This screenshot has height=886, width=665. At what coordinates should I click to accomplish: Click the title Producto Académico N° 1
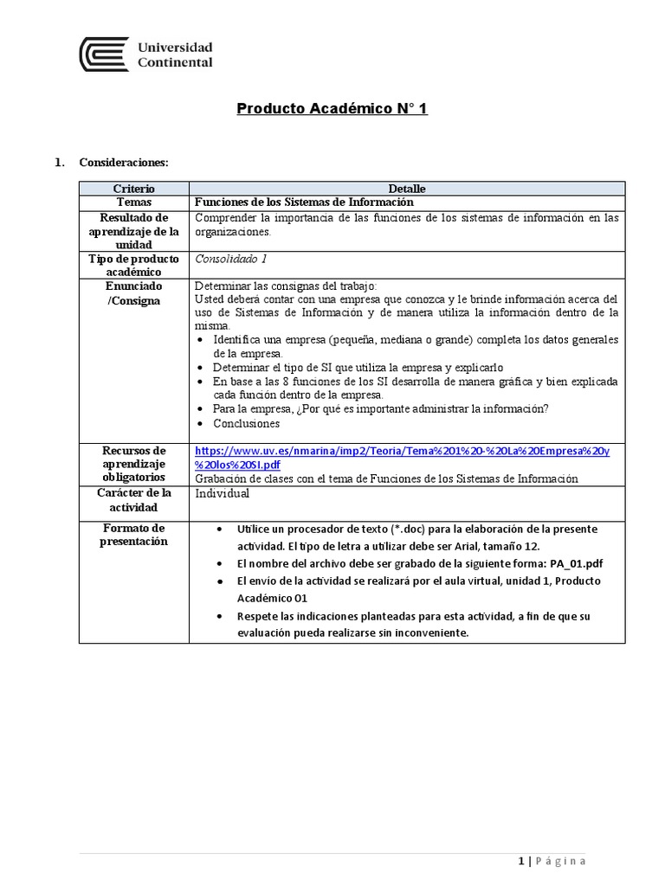pyautogui.click(x=332, y=109)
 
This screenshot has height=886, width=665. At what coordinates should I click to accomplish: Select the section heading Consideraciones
pyautogui.click(x=124, y=162)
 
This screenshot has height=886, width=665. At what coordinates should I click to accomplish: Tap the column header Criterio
pyautogui.click(x=133, y=188)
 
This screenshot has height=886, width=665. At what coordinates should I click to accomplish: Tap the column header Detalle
pyautogui.click(x=406, y=188)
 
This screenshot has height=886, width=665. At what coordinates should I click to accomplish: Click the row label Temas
pyautogui.click(x=133, y=202)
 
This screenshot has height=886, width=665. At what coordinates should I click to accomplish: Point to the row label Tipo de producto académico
pyautogui.click(x=133, y=266)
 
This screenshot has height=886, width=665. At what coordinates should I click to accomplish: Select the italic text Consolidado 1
pyautogui.click(x=231, y=259)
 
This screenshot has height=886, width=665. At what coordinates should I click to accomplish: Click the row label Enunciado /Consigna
pyautogui.click(x=133, y=293)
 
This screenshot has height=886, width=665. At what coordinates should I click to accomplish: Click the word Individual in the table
pyautogui.click(x=222, y=493)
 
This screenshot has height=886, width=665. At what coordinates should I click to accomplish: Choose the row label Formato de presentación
pyautogui.click(x=133, y=535)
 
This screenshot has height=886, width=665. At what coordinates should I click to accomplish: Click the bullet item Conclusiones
pyautogui.click(x=246, y=423)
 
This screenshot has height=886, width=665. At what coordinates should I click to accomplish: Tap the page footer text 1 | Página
pyautogui.click(x=552, y=860)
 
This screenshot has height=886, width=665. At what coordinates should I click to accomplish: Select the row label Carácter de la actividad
pyautogui.click(x=133, y=499)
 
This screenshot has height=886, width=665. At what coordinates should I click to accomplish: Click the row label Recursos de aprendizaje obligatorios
pyautogui.click(x=133, y=465)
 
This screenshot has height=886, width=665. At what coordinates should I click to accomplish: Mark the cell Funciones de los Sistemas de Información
pyautogui.click(x=298, y=202)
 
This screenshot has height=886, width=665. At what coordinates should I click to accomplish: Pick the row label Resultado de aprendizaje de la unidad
pyautogui.click(x=133, y=231)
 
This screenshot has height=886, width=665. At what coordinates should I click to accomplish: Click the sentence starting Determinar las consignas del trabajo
pyautogui.click(x=287, y=286)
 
